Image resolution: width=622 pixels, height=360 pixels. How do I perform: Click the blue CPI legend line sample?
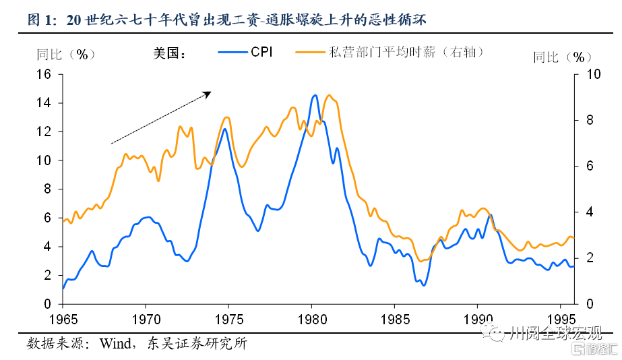tap(232, 52)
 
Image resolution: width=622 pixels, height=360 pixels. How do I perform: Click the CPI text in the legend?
tap(261, 52)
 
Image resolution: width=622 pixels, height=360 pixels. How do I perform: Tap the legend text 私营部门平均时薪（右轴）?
tap(407, 52)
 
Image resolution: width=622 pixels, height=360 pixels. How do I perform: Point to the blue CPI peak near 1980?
tap(315, 96)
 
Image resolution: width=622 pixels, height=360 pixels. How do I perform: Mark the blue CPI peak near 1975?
tap(224, 129)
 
